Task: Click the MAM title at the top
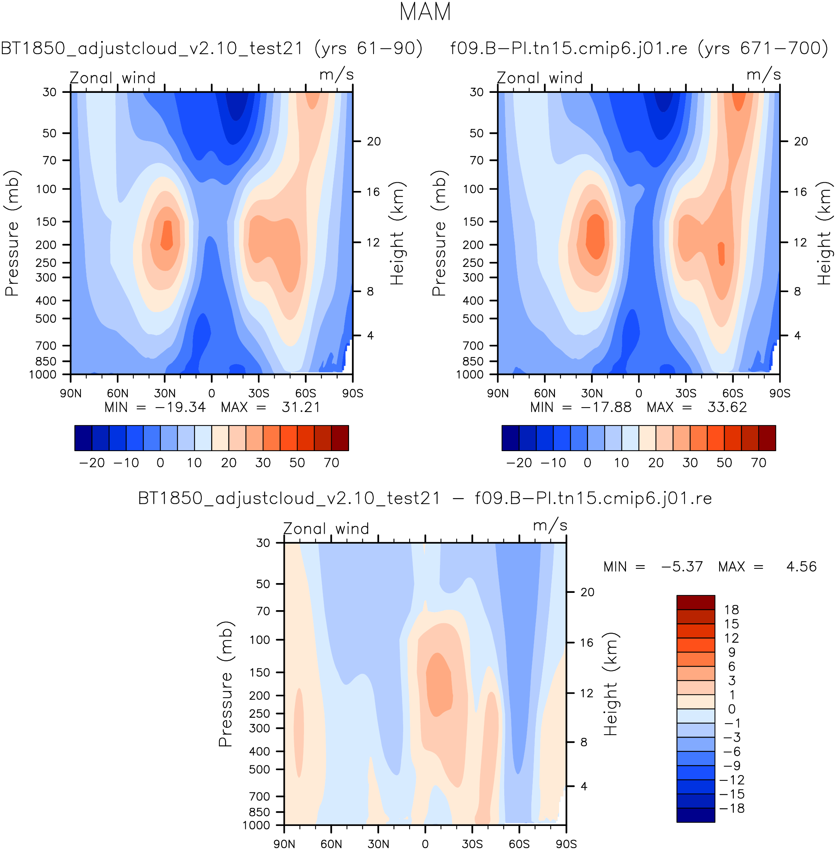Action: tap(425, 12)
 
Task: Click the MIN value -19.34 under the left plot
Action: tap(180, 407)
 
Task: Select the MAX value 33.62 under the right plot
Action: tap(727, 407)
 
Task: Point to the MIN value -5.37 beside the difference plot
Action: tap(682, 567)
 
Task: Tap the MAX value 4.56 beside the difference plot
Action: tap(801, 567)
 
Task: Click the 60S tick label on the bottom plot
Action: tap(519, 844)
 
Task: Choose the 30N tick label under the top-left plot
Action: tap(165, 393)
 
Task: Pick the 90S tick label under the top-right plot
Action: tap(780, 393)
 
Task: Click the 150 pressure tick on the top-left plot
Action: tap(46, 222)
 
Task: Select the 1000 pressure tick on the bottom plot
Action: tap(256, 826)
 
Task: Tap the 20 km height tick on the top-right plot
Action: tap(801, 141)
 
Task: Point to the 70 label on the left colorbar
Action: tap(331, 462)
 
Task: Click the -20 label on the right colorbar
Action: tap(519, 462)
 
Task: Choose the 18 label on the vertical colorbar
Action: tap(732, 610)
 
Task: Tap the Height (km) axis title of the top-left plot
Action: tap(397, 233)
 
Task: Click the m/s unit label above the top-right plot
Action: tap(763, 75)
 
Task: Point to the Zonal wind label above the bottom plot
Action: tap(326, 529)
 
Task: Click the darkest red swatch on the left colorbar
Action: tap(340, 438)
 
